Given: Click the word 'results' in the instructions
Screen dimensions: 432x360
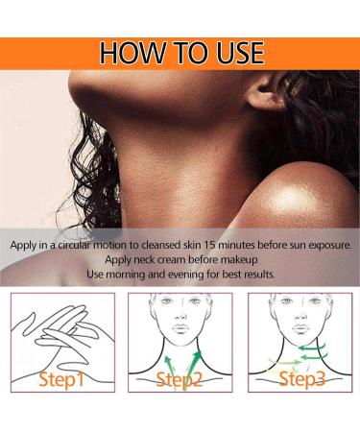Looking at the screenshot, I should click(252, 275).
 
